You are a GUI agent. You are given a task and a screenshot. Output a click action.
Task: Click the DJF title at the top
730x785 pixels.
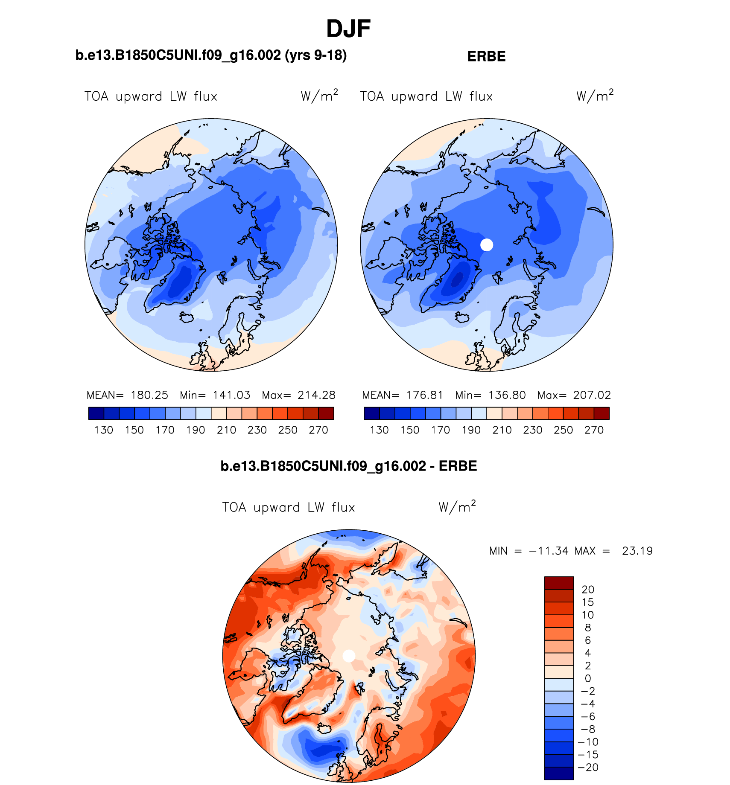coord(348,29)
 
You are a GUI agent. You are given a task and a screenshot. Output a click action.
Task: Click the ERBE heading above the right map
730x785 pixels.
coord(486,57)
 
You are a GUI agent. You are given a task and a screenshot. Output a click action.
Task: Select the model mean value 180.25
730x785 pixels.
coord(149,395)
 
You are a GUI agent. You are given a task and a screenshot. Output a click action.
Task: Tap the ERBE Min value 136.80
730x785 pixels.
coord(507,395)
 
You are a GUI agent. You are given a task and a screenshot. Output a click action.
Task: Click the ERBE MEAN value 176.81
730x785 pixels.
coord(425,395)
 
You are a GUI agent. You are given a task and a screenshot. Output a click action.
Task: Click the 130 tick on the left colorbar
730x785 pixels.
coord(104,430)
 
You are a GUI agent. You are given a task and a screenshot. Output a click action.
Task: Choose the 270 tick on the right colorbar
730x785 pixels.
coord(594,430)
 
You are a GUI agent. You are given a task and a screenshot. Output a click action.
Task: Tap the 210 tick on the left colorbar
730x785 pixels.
coord(226,430)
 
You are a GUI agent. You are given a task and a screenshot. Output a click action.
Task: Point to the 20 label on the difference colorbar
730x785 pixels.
coord(588,590)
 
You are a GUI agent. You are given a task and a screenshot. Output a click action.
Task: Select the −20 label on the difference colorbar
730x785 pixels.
coord(588,768)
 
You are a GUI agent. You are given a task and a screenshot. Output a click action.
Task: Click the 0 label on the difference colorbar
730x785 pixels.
coord(588,678)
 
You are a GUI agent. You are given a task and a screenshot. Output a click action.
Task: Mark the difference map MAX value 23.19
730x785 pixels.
coord(637,551)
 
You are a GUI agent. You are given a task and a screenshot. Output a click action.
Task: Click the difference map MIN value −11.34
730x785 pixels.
coord(549,551)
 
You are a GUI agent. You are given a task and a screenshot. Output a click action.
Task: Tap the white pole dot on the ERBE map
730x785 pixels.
coord(487,245)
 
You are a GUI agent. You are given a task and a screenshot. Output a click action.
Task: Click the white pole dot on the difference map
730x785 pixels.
coord(349,656)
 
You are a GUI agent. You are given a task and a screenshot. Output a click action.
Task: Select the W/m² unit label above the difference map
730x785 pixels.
coord(457,507)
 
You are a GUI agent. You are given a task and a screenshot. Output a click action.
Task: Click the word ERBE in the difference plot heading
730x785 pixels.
coord(458,466)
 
